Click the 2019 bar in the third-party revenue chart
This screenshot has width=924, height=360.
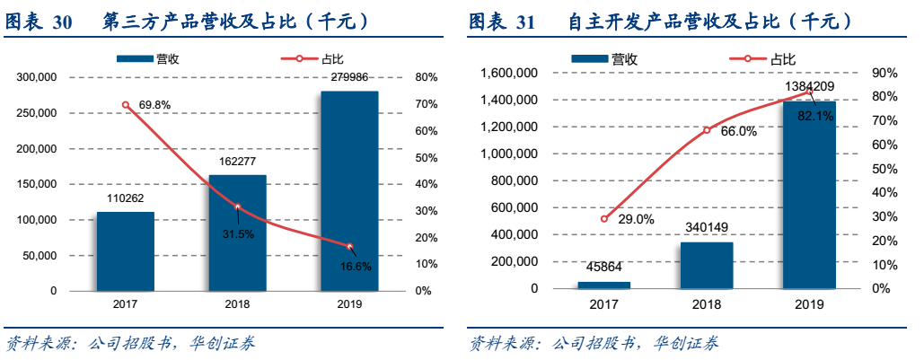[x=349, y=190]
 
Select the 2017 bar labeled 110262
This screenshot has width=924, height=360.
[x=125, y=251]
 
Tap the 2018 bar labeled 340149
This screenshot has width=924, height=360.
[x=706, y=265]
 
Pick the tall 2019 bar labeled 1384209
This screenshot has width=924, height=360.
[x=808, y=195]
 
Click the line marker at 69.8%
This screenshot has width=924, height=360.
[x=126, y=105]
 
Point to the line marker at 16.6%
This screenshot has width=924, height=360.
[x=349, y=247]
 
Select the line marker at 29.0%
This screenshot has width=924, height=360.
[x=604, y=219]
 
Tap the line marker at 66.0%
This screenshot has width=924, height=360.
[x=707, y=130]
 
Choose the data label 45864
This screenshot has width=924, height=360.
[x=604, y=268]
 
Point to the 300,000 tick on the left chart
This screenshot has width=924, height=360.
[x=38, y=77]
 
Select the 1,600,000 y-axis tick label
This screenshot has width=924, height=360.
[x=508, y=74]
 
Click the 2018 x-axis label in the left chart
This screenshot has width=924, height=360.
[x=237, y=304]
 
